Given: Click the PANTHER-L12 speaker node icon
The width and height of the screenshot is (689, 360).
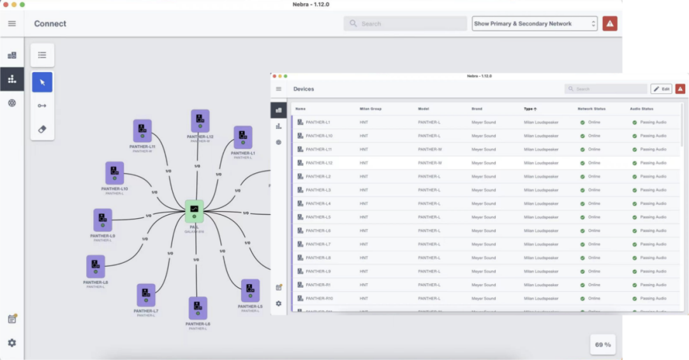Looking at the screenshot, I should pyautogui.click(x=200, y=120).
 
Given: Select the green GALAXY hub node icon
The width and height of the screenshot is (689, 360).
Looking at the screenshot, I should pyautogui.click(x=194, y=210).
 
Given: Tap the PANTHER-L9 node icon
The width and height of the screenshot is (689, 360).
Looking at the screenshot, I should pyautogui.click(x=103, y=220).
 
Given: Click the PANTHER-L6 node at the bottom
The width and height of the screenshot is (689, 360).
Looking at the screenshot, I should pyautogui.click(x=198, y=308).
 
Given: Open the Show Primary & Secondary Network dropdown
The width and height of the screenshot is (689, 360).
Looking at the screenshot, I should pyautogui.click(x=535, y=24).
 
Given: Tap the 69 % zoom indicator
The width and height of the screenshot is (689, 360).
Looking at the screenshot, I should pyautogui.click(x=603, y=345).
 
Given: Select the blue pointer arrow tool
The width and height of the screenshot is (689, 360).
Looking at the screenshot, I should pyautogui.click(x=42, y=82).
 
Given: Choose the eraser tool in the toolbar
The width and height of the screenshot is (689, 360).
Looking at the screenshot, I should pyautogui.click(x=42, y=129).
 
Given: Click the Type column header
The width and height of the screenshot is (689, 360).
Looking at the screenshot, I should pyautogui.click(x=530, y=109).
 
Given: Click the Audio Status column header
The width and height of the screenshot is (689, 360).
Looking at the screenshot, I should pyautogui.click(x=641, y=109).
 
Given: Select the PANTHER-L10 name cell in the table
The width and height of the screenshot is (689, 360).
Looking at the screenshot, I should pyautogui.click(x=319, y=135).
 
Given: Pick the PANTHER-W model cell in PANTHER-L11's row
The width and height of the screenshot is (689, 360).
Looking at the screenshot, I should pyautogui.click(x=430, y=149).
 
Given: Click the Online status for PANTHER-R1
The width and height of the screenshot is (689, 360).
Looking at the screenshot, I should pyautogui.click(x=593, y=285).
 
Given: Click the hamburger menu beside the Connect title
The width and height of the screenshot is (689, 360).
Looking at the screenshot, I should pyautogui.click(x=12, y=24).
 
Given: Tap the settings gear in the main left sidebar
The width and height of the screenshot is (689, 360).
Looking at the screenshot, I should pyautogui.click(x=12, y=343).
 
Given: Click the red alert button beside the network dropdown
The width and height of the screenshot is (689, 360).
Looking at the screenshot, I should pyautogui.click(x=610, y=24).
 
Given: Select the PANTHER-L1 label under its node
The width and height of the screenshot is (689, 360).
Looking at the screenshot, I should pyautogui.click(x=243, y=153).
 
